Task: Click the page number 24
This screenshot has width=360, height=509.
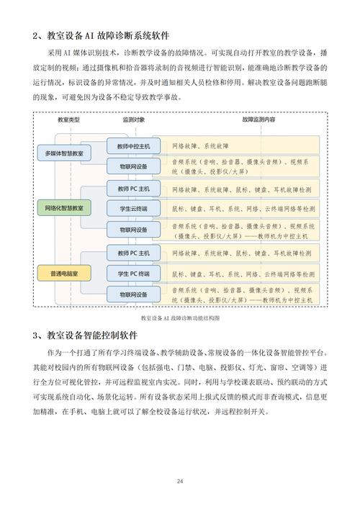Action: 179,482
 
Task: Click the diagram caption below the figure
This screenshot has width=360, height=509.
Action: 179,317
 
